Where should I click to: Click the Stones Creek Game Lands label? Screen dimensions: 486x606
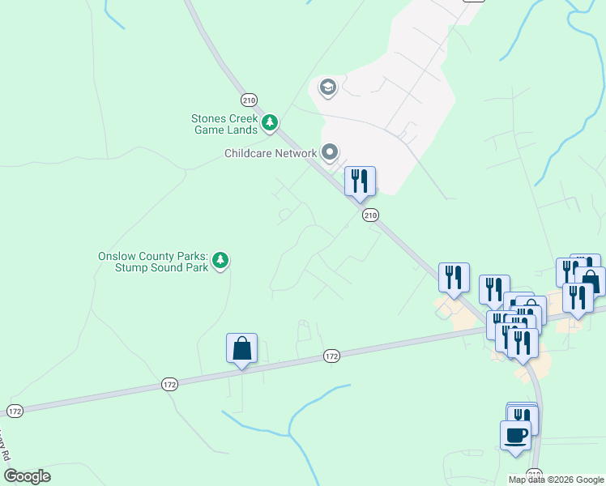coord(224,124)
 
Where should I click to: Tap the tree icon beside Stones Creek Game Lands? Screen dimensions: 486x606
coord(270,123)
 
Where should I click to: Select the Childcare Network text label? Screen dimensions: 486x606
coord(271,153)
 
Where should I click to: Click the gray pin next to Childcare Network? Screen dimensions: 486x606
coord(330,152)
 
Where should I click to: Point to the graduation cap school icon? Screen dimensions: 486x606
coord(328,87)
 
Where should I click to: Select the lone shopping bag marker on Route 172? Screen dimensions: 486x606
coord(241,349)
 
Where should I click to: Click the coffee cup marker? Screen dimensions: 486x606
coord(515,436)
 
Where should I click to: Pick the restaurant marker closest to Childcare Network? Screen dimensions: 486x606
coord(360,181)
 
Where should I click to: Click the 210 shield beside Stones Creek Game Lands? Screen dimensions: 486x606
coord(249,100)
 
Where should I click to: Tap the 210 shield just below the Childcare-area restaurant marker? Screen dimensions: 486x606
coord(370,215)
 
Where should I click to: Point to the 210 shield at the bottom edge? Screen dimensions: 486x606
coord(534,474)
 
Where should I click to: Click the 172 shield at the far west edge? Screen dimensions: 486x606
coord(15,411)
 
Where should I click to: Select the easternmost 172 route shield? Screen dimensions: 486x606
coord(331,355)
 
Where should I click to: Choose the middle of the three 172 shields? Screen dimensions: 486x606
coord(169,383)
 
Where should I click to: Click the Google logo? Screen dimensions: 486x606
coord(27,476)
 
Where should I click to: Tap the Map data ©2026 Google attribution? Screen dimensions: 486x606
coord(556,480)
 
